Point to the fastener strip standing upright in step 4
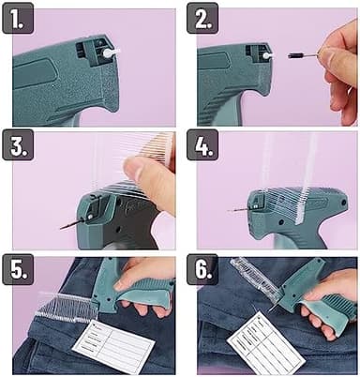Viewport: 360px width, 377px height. pyautogui.click(x=306, y=183)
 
